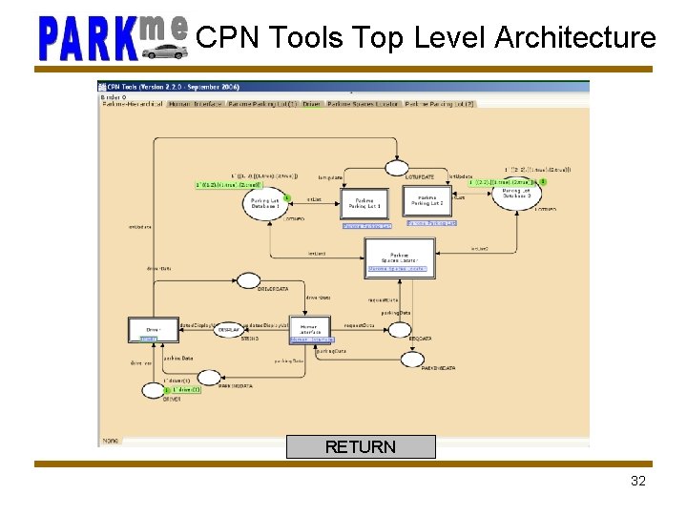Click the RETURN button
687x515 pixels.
tap(361, 446)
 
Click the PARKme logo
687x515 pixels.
tap(112, 37)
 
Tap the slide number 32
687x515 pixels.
tap(638, 481)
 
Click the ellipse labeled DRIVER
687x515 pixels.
tap(154, 389)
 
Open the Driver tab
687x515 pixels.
tap(311, 104)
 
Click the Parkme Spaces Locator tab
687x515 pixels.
tap(363, 104)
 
